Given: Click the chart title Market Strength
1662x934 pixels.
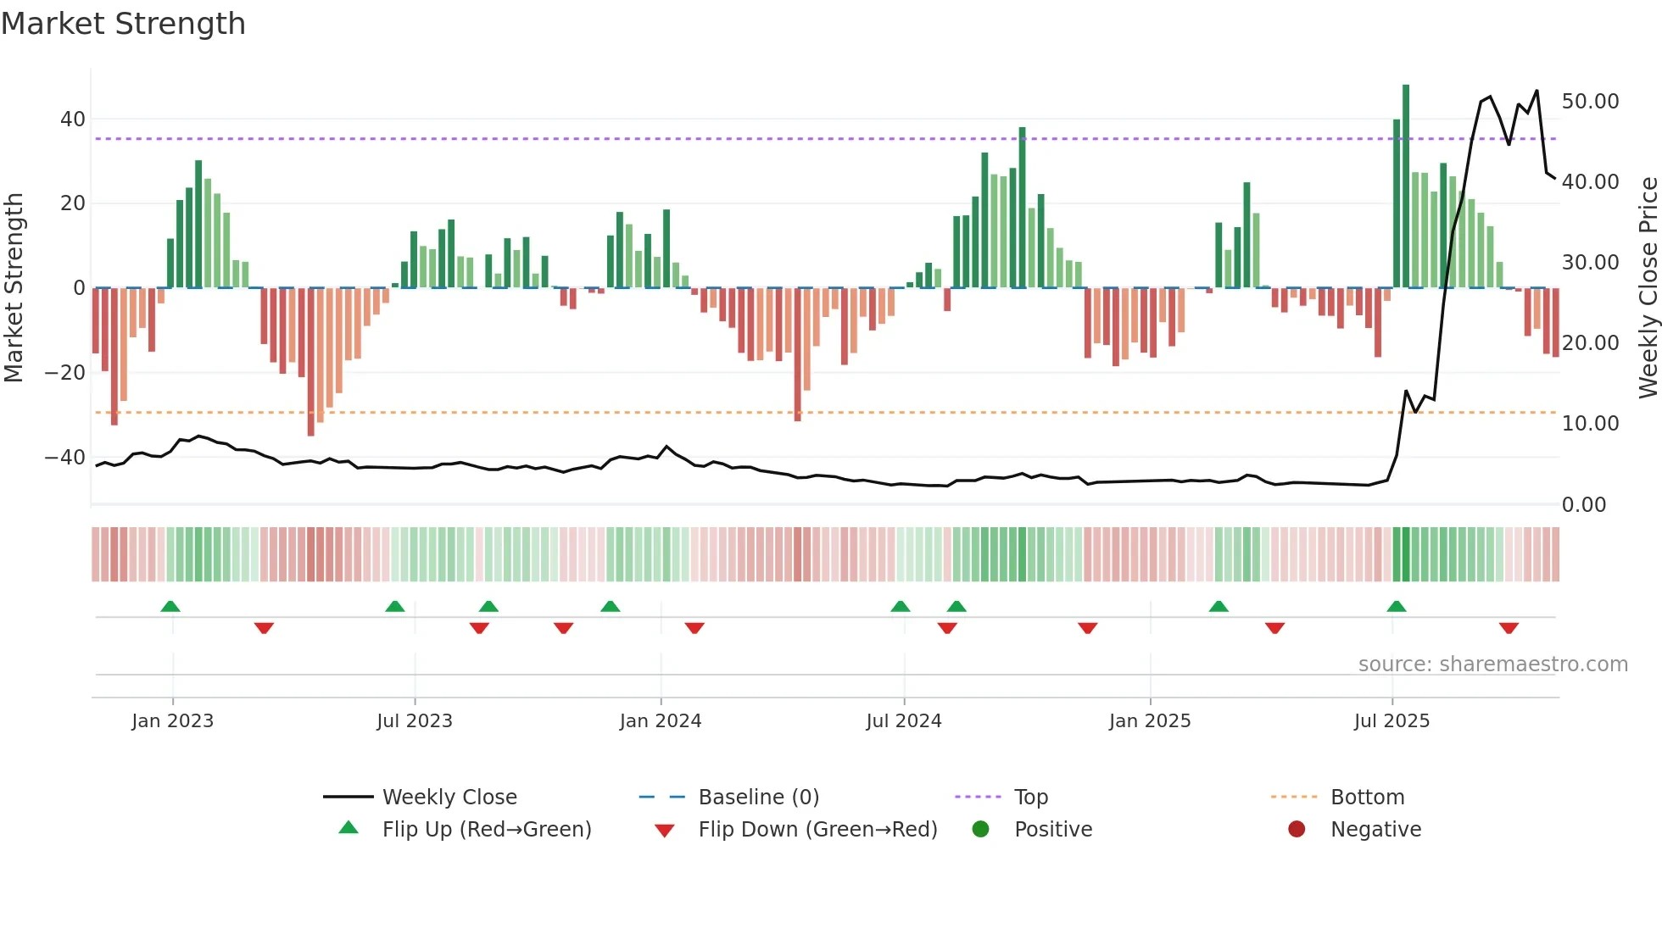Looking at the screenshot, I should [123, 24].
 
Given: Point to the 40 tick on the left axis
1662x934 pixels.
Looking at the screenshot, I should [73, 120].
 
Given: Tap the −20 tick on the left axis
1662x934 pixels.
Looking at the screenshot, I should [65, 373].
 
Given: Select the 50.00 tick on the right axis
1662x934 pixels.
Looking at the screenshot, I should [1590, 102].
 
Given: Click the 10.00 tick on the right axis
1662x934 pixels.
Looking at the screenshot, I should [1590, 424].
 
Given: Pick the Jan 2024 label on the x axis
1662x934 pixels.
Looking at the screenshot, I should [661, 721].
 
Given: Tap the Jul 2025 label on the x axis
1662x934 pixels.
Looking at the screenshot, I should [1392, 721].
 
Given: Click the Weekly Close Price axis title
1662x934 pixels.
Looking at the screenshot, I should [1648, 288].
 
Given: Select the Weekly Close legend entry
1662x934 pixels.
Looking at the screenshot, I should [449, 798].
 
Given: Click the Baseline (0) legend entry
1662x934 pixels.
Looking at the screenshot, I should [758, 798].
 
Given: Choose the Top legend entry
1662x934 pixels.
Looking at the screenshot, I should [1031, 798].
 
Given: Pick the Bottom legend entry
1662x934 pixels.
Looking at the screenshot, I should [1367, 798].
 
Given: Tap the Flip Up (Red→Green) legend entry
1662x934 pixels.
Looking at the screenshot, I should [486, 830].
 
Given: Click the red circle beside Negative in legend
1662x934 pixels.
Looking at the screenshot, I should [1297, 830].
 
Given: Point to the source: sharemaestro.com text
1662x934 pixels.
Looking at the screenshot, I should [1492, 664].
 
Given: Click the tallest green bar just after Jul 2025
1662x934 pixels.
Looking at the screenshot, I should [1406, 186].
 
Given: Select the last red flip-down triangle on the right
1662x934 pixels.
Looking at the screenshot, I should [1509, 628].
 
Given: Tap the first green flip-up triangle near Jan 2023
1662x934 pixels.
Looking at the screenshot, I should [170, 607].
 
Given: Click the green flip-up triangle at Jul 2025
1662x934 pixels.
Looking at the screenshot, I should [1397, 607].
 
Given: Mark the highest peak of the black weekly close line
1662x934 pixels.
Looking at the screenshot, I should [1537, 91].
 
